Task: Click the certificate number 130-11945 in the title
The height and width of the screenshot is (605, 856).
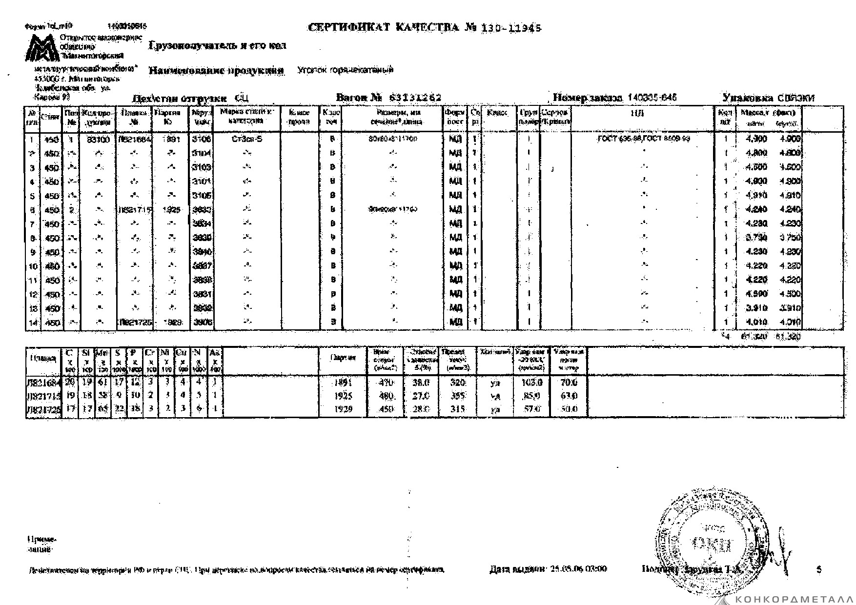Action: coord(511,28)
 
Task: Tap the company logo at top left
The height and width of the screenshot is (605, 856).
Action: coord(42,48)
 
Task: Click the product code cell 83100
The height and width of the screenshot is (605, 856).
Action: coord(98,140)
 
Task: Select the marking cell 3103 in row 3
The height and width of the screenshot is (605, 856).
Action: coord(202,167)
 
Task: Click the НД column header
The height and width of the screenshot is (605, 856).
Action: coord(641,114)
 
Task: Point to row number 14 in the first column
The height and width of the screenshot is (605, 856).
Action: coord(33,323)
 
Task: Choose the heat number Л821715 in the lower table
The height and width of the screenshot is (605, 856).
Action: coord(43,396)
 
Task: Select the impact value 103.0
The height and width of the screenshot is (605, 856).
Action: coord(531,383)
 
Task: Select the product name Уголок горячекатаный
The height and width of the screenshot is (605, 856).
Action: coord(345,70)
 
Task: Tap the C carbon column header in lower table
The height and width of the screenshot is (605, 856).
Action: coord(69,352)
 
